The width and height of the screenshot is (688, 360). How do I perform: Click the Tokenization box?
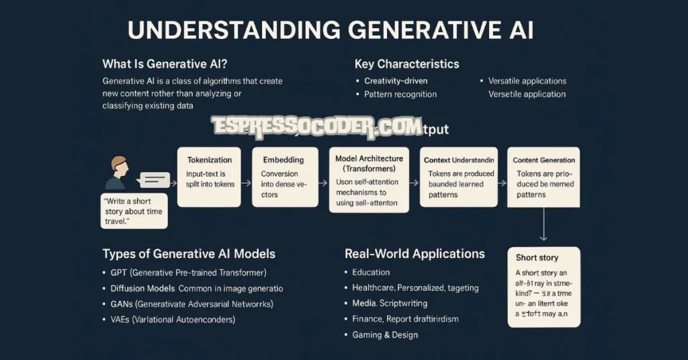point(209,177)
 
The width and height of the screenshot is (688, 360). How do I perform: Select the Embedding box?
point(283,177)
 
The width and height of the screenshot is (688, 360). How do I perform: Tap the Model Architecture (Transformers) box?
point(368,179)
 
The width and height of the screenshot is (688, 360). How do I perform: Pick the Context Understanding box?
point(459,177)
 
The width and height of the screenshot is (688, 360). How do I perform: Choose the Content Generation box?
point(543,177)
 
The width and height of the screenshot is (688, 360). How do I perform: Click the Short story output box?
point(543,287)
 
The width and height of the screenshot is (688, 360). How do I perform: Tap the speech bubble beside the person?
point(154,180)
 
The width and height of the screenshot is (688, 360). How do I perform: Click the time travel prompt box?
point(134,210)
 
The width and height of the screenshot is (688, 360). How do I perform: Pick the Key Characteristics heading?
point(406,64)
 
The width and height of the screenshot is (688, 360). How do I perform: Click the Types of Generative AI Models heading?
point(189,254)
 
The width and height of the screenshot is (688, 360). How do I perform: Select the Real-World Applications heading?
point(415,254)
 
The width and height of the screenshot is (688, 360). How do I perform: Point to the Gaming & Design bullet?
point(384,334)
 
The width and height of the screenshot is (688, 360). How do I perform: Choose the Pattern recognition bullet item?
point(400,94)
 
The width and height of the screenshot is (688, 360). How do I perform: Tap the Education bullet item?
point(371,272)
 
